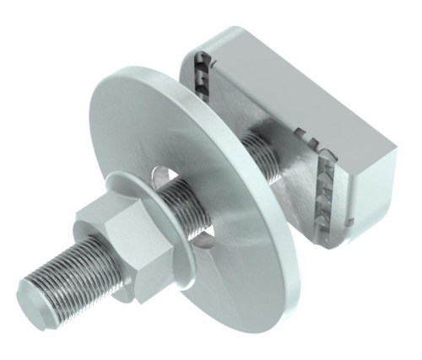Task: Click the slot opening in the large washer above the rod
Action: (x=160, y=175)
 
